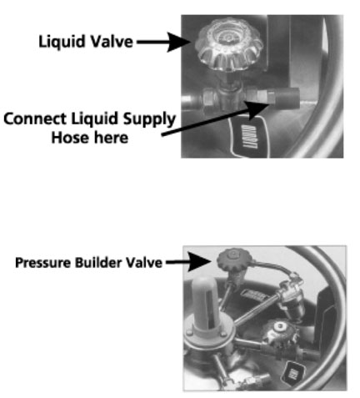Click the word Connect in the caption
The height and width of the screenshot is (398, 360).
(33, 120)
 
